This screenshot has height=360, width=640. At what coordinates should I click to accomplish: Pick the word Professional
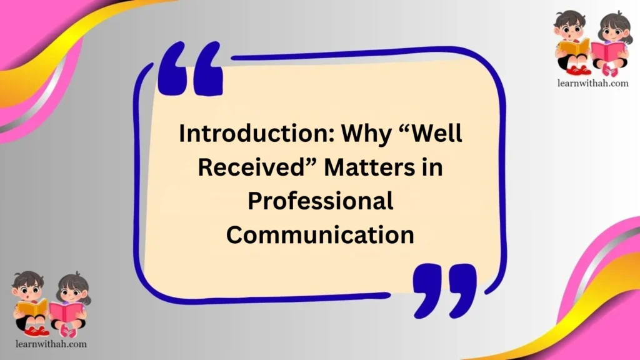(320, 201)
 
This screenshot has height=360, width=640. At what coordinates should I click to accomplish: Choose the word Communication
(320, 235)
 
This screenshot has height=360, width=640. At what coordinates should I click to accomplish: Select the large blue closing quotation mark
(444, 288)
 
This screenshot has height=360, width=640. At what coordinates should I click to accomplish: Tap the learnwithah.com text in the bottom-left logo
(49, 343)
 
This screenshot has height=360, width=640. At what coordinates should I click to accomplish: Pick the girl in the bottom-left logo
(70, 304)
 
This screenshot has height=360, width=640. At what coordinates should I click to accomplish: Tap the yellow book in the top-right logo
(572, 46)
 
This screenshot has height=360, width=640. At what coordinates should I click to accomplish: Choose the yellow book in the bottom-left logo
(32, 307)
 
